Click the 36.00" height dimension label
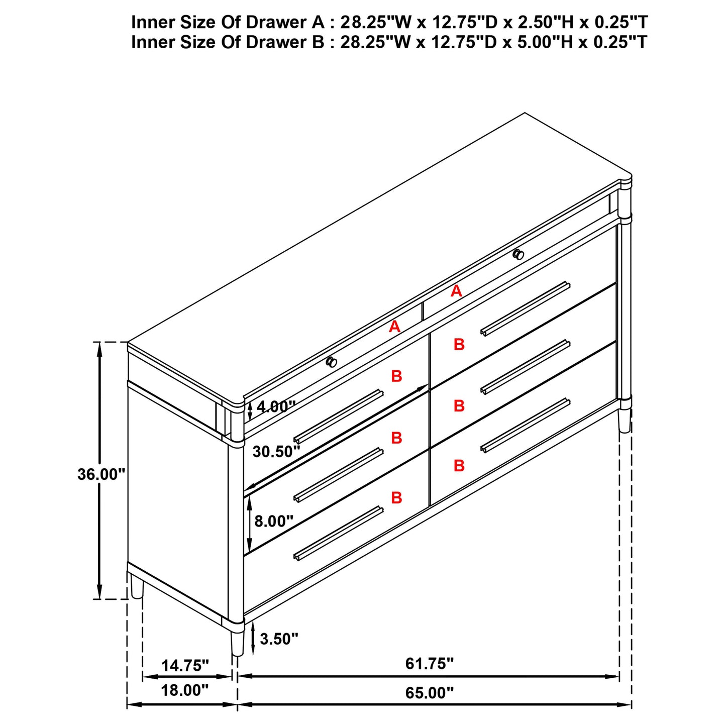[x=101, y=474]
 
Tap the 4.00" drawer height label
[x=276, y=406]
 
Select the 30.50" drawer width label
[x=276, y=452]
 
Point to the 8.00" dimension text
[x=274, y=521]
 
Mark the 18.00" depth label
[x=184, y=690]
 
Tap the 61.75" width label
[x=429, y=664]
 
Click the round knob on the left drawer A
[x=332, y=362]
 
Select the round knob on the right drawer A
[x=518, y=255]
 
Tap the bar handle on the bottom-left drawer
[x=338, y=533]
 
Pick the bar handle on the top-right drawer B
[x=525, y=308]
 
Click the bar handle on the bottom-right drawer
[x=525, y=425]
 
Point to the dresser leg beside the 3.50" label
[x=237, y=643]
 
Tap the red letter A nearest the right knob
[x=456, y=291]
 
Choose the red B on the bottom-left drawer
[x=396, y=497]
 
